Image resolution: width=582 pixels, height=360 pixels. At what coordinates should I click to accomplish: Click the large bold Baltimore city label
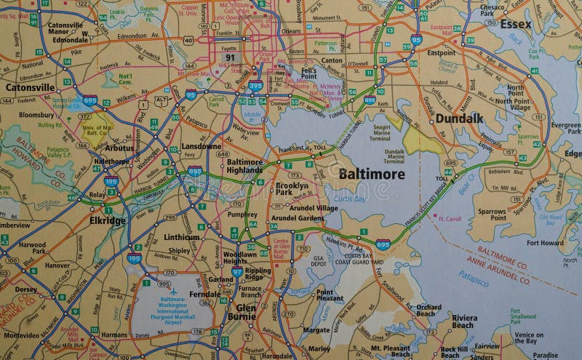click(371, 174)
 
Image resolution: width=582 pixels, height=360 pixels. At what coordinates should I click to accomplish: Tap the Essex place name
click(515, 24)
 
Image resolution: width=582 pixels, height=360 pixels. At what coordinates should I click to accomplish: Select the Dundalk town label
click(459, 118)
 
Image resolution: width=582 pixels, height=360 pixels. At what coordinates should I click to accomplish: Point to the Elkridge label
click(108, 220)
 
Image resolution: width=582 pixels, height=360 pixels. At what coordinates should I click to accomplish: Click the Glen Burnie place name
click(241, 311)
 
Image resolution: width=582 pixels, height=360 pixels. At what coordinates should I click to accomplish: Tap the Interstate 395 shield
click(255, 86)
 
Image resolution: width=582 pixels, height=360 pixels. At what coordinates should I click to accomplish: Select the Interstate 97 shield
click(237, 271)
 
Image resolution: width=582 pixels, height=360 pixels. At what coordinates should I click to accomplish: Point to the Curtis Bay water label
click(350, 199)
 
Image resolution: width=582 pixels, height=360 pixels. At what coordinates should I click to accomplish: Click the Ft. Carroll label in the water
click(449, 218)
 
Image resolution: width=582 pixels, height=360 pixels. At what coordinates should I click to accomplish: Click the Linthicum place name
click(181, 237)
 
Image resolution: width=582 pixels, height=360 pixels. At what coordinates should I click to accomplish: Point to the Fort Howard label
click(545, 243)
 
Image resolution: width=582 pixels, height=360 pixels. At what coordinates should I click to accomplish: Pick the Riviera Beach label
click(464, 321)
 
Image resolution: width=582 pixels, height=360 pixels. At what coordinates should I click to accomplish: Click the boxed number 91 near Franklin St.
click(231, 57)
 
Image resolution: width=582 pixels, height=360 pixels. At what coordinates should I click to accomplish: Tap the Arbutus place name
click(119, 148)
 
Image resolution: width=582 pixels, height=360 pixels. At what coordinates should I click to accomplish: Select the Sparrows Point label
click(492, 215)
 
